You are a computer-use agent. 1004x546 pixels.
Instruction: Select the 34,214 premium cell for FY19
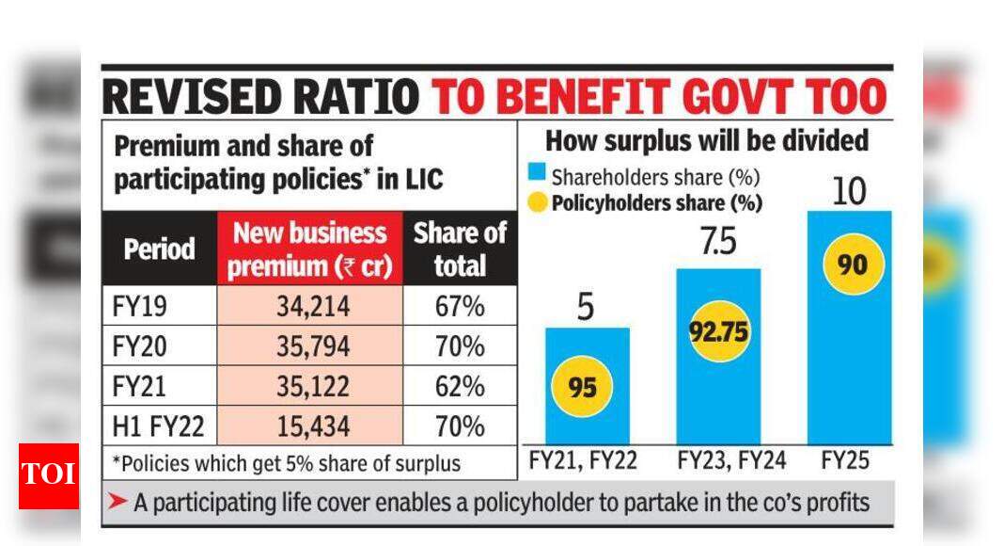click(309, 306)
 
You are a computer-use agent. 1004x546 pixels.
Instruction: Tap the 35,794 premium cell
click(309, 346)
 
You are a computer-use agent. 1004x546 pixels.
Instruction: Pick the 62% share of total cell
click(460, 387)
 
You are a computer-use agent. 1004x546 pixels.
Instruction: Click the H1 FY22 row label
click(156, 426)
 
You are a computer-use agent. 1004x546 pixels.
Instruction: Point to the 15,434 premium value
click(309, 426)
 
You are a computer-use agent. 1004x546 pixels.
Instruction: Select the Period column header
click(159, 249)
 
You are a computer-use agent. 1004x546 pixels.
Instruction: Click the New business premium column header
click(309, 249)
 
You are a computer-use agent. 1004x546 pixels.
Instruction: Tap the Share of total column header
click(460, 249)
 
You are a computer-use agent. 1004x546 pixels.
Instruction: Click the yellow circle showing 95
click(582, 388)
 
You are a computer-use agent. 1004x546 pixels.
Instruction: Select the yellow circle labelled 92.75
click(719, 330)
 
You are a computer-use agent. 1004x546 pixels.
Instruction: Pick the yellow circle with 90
click(854, 265)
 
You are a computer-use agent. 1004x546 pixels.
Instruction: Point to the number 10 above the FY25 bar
click(849, 191)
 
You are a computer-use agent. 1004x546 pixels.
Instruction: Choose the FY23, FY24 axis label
click(718, 462)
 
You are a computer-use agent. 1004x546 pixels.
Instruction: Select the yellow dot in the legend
click(536, 201)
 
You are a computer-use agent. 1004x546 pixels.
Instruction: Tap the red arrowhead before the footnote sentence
click(118, 503)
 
